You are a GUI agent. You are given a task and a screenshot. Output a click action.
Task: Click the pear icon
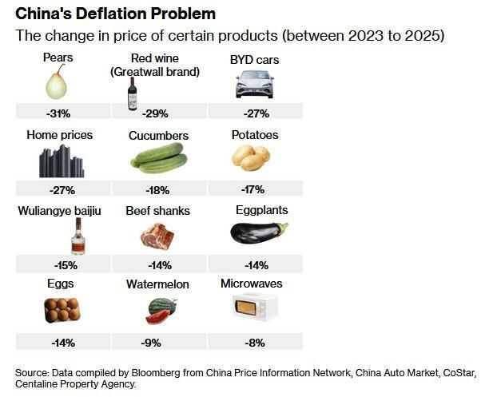57,82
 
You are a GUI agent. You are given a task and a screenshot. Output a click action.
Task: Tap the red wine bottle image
132,93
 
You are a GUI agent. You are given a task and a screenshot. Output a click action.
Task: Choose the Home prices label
60,136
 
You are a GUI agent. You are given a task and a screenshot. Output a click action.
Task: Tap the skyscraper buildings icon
62,162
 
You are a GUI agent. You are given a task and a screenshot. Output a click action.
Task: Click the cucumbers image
158,158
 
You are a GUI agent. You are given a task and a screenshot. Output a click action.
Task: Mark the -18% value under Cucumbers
158,189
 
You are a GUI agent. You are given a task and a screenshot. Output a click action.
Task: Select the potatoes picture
253,158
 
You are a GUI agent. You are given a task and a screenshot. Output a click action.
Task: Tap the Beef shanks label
157,211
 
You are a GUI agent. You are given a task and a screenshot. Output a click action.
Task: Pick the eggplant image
257,232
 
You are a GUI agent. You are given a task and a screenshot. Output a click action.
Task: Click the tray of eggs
62,309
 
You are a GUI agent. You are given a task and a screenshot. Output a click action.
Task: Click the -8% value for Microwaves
252,343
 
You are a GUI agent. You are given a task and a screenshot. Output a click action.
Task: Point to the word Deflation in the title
113,14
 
